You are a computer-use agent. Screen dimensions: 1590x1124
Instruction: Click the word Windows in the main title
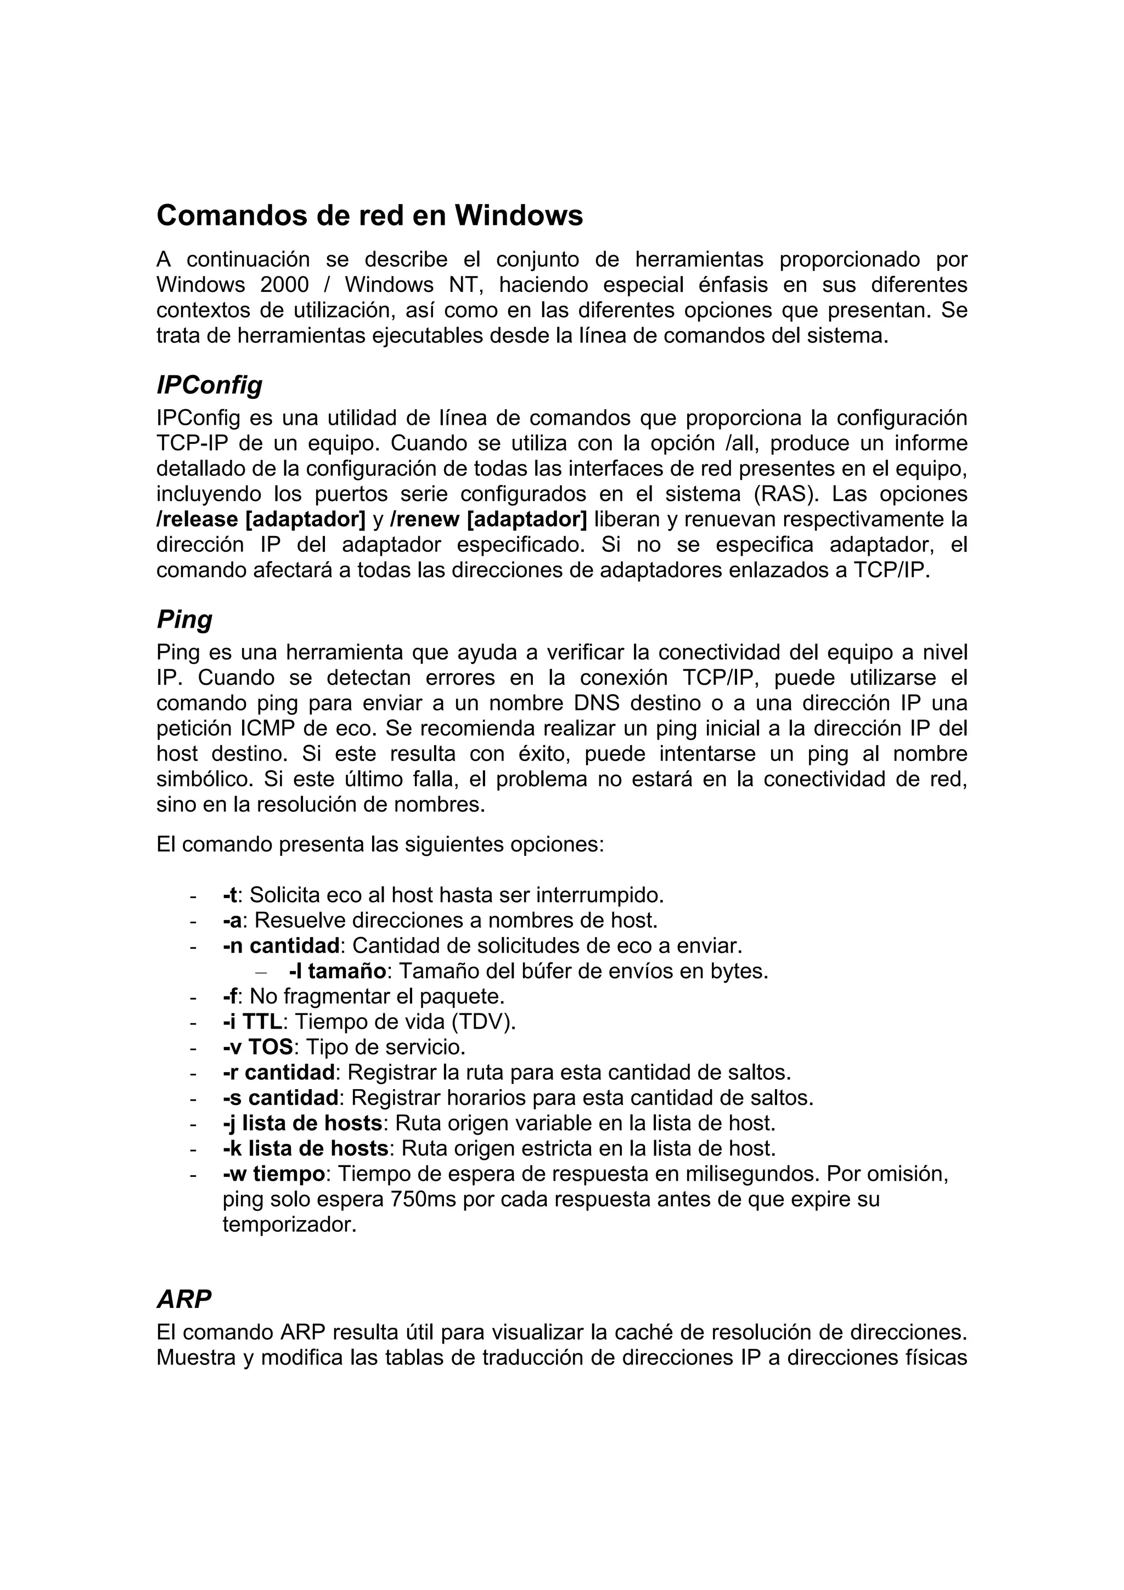pos(518,216)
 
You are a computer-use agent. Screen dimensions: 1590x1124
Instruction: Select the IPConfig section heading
pos(209,385)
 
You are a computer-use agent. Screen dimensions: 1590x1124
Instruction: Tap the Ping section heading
pos(184,618)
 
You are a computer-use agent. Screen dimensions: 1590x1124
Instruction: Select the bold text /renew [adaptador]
pos(488,518)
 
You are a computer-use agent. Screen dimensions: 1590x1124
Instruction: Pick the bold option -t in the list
pos(230,895)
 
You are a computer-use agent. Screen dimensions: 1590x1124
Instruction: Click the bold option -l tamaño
pos(338,971)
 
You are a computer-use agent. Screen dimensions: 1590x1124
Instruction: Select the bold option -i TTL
pos(252,1022)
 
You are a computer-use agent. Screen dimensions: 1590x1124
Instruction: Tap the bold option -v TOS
pos(257,1046)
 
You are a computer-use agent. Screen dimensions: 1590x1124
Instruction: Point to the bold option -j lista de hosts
pos(302,1123)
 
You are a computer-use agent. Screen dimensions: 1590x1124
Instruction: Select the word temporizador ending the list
pos(289,1225)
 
